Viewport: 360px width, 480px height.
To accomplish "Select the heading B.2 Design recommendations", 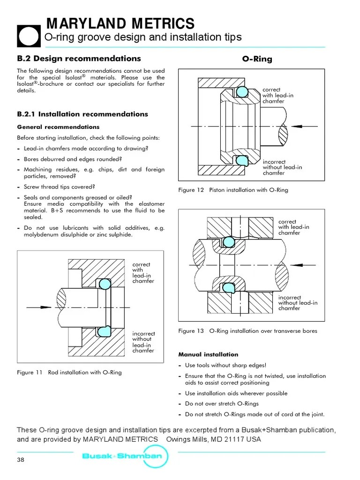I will coord(79,59).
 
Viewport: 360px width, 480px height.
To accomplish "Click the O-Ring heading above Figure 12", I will coord(257,59).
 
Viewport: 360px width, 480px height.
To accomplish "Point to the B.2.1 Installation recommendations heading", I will coord(82,114).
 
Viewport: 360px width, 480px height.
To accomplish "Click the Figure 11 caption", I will coord(69,372).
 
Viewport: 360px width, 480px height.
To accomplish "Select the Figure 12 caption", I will coord(233,190).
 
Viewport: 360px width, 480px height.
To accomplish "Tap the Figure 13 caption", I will coord(247,331).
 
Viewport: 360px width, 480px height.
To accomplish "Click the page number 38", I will coord(20,459).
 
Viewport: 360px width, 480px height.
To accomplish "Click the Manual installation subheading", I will coord(208,354).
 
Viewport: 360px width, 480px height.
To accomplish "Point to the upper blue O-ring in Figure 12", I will coord(241,92).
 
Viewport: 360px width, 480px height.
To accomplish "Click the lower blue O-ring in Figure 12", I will coord(241,160).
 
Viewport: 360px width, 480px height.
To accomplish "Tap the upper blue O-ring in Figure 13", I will coord(228,241).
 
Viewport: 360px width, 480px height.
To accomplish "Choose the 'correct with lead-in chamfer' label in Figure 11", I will coord(143,273).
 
